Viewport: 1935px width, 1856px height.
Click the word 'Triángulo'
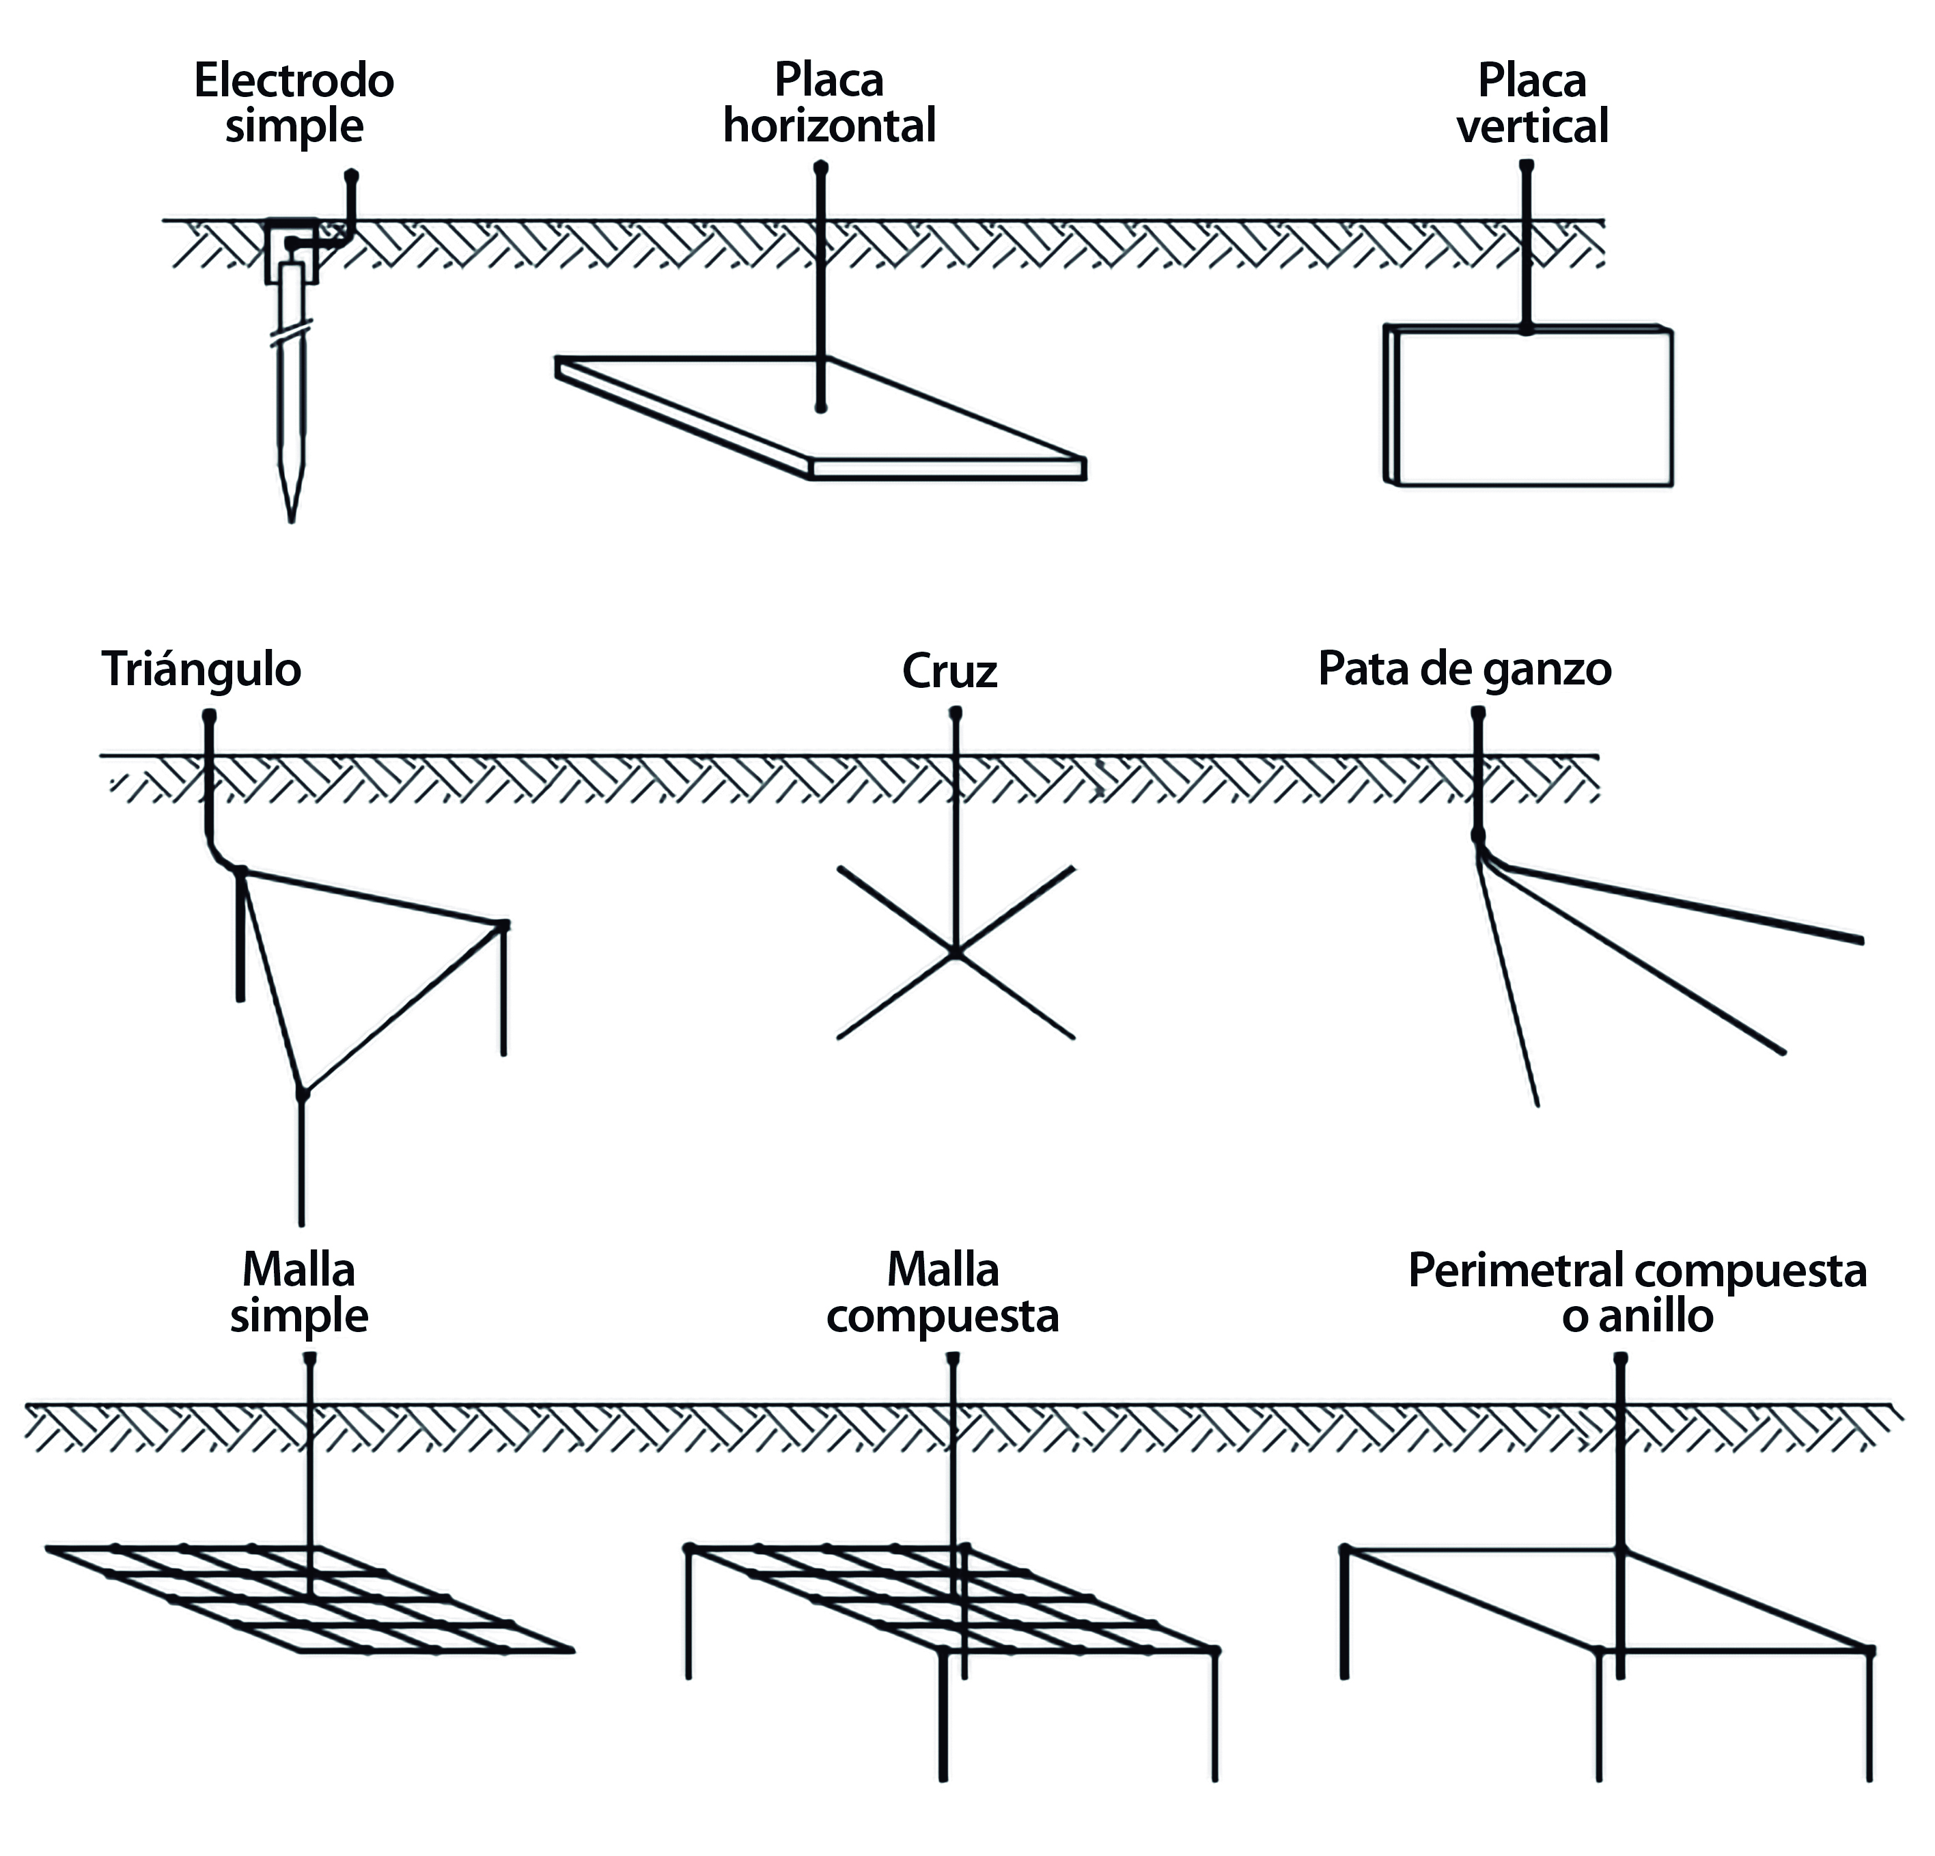[x=201, y=669]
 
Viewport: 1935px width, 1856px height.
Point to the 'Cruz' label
[x=949, y=671]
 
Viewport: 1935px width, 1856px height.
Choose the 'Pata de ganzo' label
[x=1465, y=669]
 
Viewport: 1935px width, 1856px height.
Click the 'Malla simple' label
[x=298, y=1292]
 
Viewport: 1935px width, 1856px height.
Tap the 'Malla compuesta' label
[x=943, y=1292]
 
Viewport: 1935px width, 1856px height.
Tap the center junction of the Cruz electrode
[x=956, y=953]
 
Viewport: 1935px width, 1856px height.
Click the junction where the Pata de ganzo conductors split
[x=1479, y=838]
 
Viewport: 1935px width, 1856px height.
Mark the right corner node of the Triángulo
[x=503, y=925]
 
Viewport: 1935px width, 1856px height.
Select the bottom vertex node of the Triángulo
[x=302, y=1094]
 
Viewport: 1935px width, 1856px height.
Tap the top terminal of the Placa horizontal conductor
[x=820, y=168]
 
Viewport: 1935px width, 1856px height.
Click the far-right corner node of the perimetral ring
[x=1869, y=1650]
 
